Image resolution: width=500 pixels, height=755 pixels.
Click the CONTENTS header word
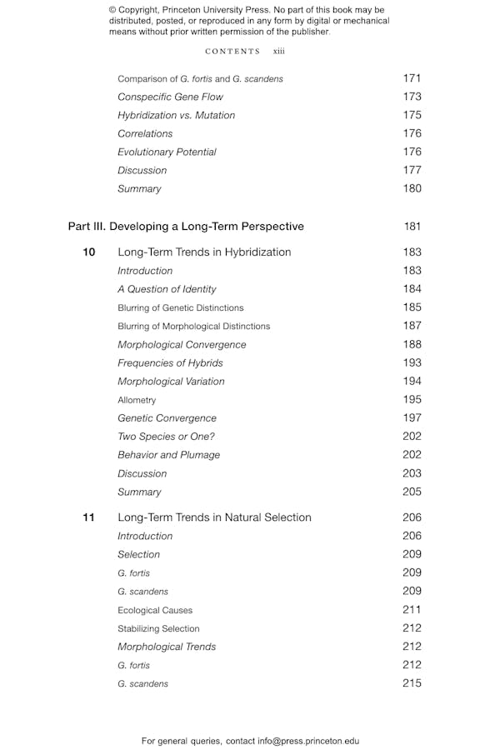(232, 52)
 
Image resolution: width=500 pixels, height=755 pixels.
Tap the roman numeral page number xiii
(278, 52)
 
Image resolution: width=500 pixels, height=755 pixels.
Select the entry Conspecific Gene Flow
(170, 97)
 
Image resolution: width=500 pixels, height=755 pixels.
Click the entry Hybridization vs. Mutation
(176, 115)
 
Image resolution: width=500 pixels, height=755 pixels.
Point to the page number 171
(412, 78)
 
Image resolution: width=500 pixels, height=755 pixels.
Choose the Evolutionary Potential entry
(167, 152)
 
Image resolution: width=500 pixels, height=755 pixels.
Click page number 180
(412, 188)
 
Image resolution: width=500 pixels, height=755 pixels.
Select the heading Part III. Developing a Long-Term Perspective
(186, 227)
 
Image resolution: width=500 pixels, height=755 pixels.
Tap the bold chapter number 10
(89, 252)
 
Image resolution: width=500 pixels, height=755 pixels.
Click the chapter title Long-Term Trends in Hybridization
(204, 252)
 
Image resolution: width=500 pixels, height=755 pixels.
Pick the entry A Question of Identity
(167, 289)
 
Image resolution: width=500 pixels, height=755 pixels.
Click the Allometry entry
(137, 400)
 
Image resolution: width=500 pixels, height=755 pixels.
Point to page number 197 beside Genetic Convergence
(412, 417)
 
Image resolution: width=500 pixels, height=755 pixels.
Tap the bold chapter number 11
(89, 517)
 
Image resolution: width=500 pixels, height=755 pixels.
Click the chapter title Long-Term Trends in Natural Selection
(214, 517)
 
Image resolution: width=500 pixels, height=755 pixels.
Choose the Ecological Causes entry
(154, 610)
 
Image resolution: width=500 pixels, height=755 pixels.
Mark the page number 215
(412, 683)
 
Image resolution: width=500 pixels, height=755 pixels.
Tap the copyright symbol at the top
(113, 11)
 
